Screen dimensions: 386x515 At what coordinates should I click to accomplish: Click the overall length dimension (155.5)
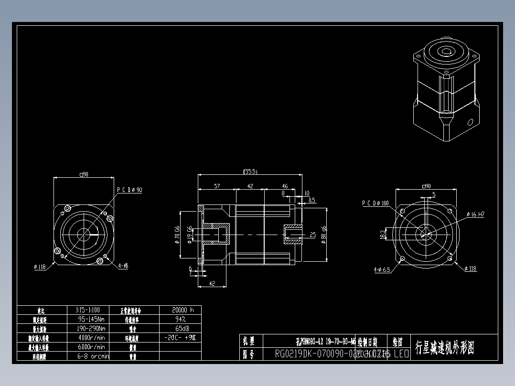pos(250,172)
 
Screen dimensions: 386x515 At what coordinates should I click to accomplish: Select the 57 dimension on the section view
pos(217,186)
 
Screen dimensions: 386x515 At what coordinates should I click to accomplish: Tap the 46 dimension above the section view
pos(284,186)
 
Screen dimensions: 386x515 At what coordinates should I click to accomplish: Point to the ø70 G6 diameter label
pos(177,235)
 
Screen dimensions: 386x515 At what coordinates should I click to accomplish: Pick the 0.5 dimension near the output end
pos(312,200)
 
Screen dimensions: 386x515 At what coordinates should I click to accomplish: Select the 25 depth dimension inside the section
pos(313,235)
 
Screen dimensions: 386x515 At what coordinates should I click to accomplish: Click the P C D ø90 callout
pos(129,190)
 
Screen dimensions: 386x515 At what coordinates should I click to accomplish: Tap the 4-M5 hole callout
pos(123,266)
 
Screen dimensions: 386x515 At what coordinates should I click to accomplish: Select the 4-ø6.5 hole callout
pos(382,269)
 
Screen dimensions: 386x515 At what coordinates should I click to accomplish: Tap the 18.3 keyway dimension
pos(383,234)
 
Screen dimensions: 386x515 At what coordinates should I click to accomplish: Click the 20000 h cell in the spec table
pos(182,310)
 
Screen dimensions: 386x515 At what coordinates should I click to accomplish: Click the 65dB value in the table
pos(181,328)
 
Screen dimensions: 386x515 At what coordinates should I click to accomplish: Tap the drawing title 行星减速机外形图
pos(445,347)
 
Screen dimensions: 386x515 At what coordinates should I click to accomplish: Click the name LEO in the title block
pos(401,354)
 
